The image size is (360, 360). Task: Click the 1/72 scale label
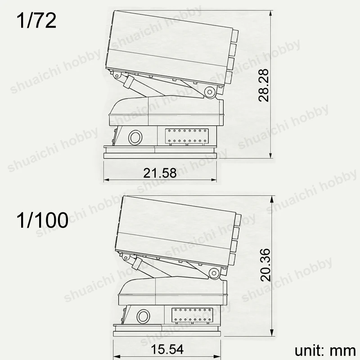tap(36, 21)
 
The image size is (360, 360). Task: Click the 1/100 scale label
tap(42, 220)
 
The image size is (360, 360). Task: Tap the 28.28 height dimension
tap(263, 85)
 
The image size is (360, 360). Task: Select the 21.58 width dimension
tap(160, 173)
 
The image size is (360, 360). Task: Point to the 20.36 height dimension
tap(265, 265)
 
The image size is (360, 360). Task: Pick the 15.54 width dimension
tap(167, 349)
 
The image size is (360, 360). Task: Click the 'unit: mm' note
tap(325, 351)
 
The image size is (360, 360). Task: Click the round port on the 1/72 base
tap(135, 138)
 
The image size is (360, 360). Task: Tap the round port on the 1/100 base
tap(143, 316)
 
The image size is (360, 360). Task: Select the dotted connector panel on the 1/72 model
tap(187, 137)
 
